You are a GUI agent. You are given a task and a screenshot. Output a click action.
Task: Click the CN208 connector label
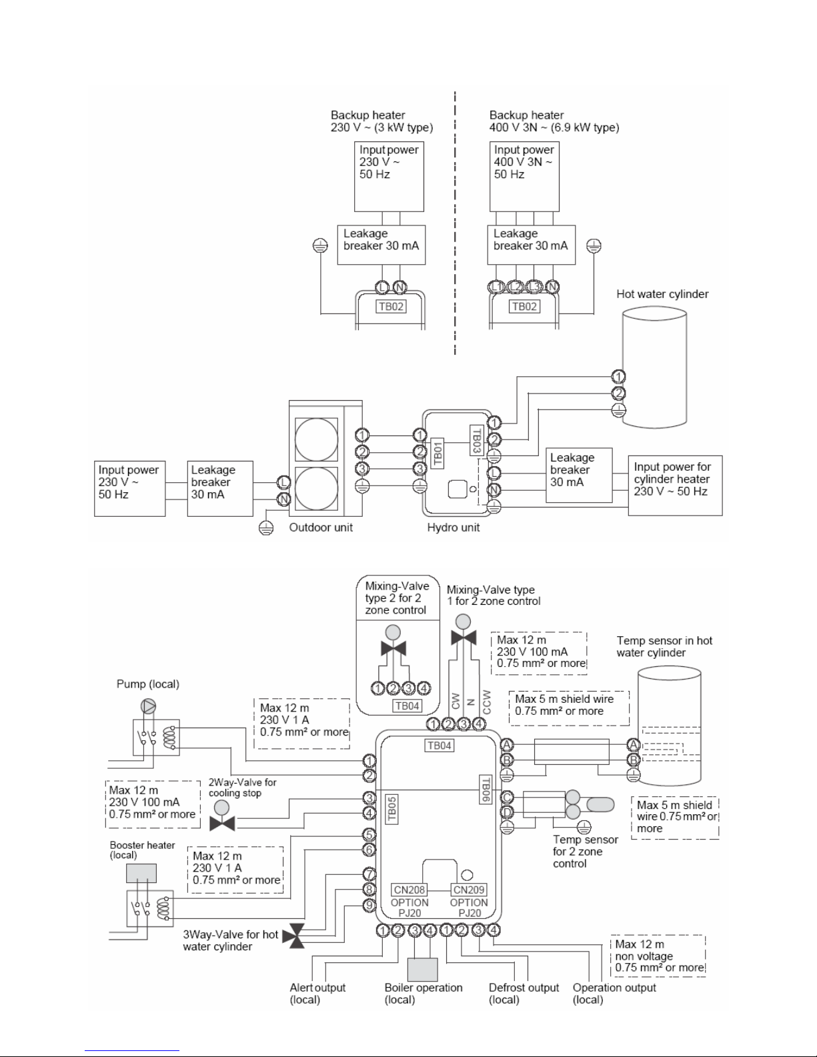[x=410, y=890]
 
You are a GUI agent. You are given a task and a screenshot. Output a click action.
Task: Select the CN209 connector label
[x=469, y=890]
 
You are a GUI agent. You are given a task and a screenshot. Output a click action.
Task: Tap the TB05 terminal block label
[x=391, y=810]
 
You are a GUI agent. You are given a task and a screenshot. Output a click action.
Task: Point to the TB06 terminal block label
[x=486, y=790]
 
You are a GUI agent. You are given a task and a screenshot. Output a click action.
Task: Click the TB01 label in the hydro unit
[x=438, y=453]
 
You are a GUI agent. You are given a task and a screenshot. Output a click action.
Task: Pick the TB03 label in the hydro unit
[x=477, y=440]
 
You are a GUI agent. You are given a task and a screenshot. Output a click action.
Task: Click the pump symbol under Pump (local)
[x=148, y=706]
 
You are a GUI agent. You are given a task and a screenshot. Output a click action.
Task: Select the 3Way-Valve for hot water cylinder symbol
[x=293, y=936]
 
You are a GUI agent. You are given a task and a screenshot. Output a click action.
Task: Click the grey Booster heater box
[x=141, y=873]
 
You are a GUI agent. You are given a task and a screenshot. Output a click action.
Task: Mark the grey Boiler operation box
[x=423, y=970]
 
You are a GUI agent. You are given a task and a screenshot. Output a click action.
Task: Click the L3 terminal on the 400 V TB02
[x=534, y=287]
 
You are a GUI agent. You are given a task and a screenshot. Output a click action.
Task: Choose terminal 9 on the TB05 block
[x=369, y=905]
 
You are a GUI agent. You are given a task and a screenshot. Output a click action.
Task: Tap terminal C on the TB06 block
[x=508, y=797]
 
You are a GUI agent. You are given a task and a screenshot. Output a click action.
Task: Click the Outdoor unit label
[x=321, y=527]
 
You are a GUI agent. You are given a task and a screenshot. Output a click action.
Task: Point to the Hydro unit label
[x=454, y=527]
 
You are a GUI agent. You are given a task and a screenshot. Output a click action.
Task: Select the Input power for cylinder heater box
[x=676, y=485]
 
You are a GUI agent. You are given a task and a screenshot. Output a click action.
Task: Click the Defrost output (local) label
[x=524, y=994]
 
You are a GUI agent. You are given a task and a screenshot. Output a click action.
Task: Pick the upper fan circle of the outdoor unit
[x=317, y=439]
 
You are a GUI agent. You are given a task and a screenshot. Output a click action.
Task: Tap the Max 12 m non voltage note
[x=658, y=956]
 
